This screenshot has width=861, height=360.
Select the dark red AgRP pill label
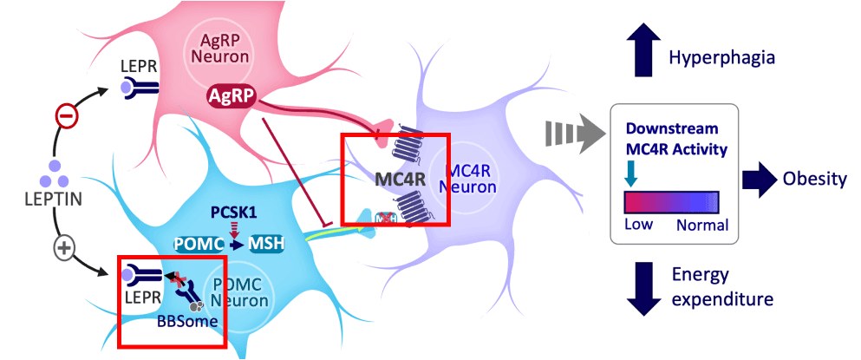(232, 96)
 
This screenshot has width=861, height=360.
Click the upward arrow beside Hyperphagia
(644, 51)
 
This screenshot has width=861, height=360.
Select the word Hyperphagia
(722, 57)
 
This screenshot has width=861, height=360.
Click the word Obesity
(815, 180)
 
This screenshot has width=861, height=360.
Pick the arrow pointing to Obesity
(760, 180)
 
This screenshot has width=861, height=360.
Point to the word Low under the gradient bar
(639, 225)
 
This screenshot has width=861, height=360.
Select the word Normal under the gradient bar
(702, 225)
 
